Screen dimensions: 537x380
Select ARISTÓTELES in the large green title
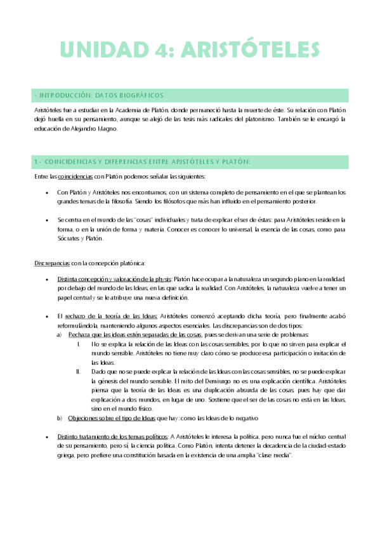coord(247,49)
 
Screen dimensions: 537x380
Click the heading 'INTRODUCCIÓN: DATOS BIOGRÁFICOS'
coord(102,96)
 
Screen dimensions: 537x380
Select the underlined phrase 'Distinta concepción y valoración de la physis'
coord(114,278)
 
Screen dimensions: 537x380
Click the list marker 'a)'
coord(60,334)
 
